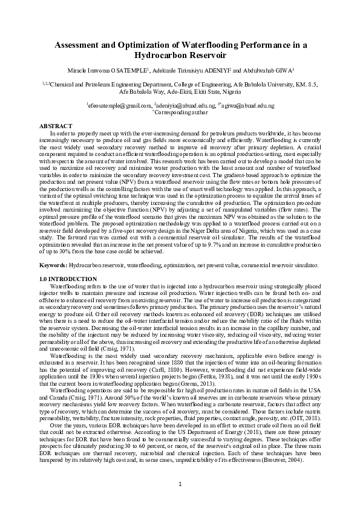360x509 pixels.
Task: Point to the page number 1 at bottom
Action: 180,485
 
